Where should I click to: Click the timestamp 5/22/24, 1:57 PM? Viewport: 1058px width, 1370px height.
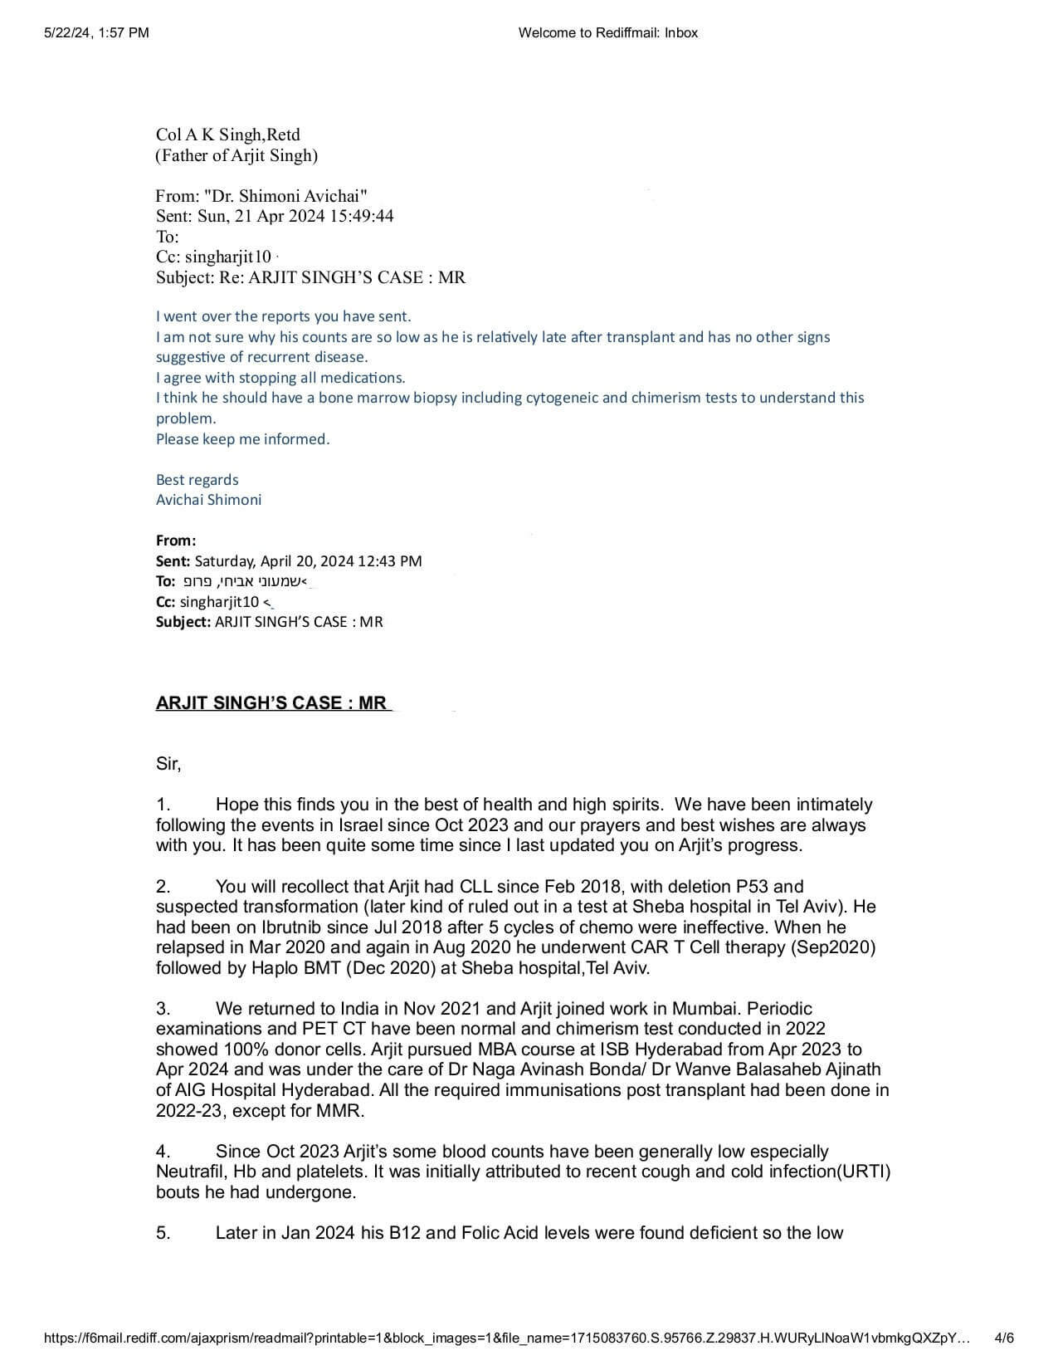[x=96, y=32]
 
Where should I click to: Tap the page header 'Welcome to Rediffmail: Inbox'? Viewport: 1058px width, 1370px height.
[x=607, y=32]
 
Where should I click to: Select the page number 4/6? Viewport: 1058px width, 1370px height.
[x=1004, y=1338]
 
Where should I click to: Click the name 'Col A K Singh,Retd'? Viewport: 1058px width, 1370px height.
[x=228, y=135]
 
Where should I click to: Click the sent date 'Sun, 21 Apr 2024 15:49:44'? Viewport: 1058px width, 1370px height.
[x=295, y=216]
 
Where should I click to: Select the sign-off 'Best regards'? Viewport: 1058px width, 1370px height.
[x=197, y=479]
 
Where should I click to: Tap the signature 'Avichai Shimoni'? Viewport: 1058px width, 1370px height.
[x=208, y=499]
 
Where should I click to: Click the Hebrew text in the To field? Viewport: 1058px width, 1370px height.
[x=240, y=581]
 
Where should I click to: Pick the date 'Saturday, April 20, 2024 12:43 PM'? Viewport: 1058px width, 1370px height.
[x=308, y=560]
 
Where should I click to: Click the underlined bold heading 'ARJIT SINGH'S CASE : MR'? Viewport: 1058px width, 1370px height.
[x=271, y=702]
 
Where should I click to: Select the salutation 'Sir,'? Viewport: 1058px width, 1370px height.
[x=168, y=763]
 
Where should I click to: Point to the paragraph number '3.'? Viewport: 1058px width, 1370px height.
[x=163, y=1008]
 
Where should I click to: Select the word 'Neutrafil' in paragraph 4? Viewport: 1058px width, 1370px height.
[x=190, y=1172]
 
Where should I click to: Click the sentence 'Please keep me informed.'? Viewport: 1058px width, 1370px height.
[x=242, y=438]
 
